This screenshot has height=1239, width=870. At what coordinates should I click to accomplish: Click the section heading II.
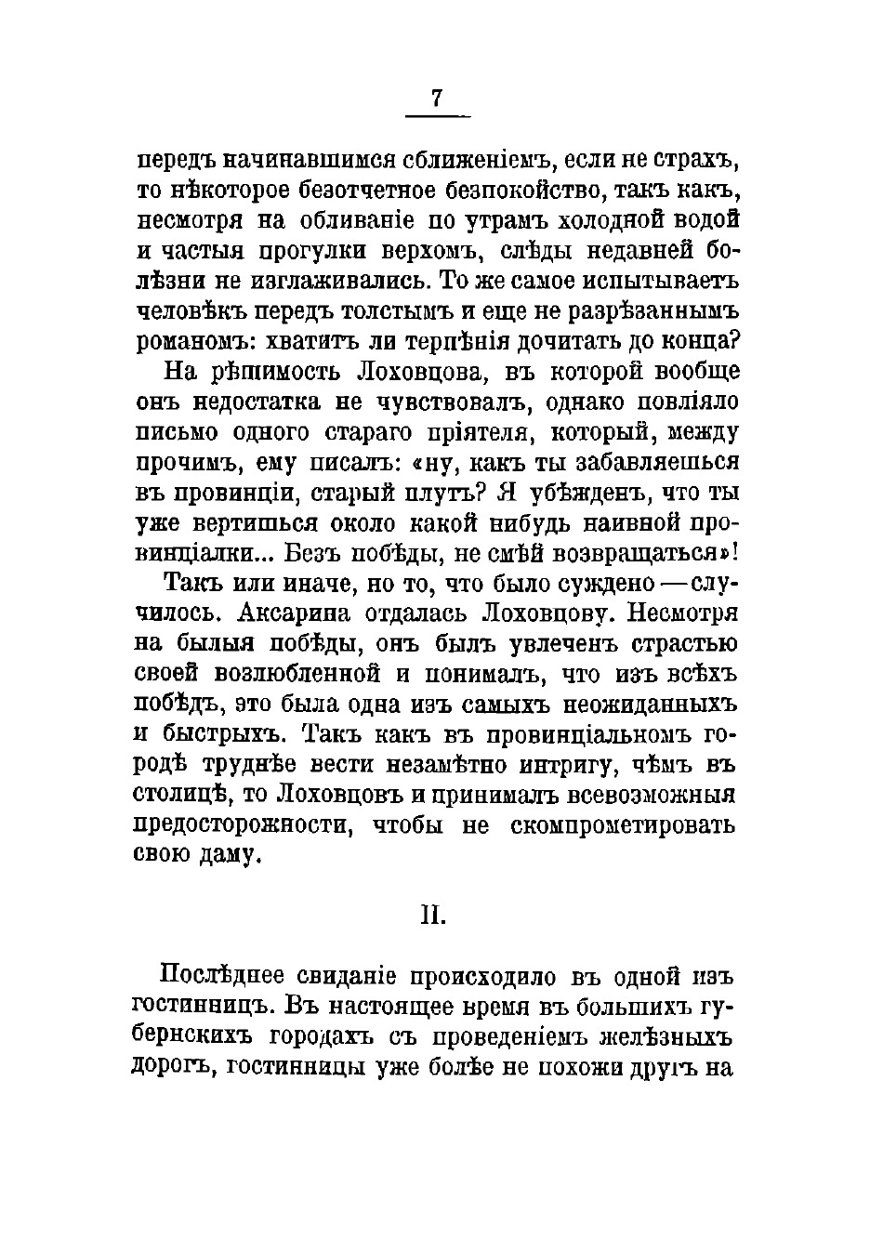[433, 916]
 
